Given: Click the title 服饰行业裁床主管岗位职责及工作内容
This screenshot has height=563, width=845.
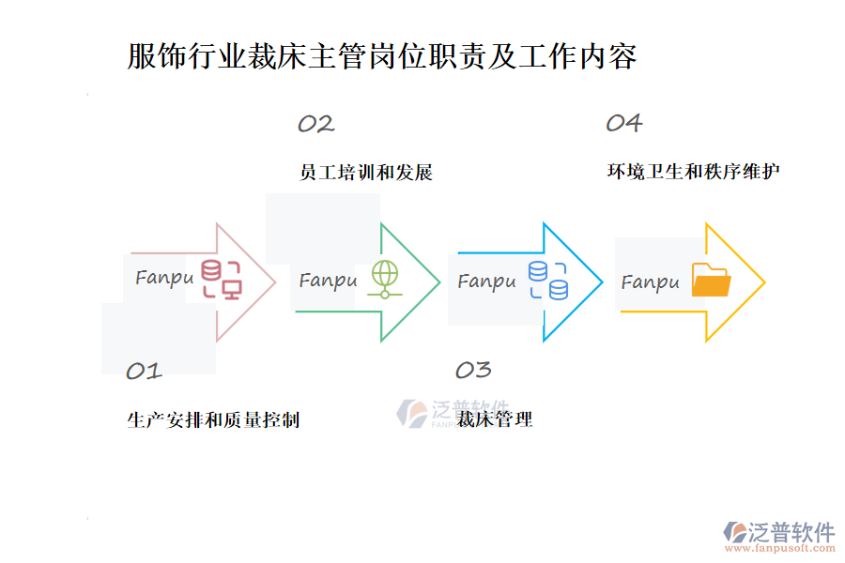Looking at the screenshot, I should tap(382, 56).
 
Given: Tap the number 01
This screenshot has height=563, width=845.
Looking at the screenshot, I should tap(144, 371).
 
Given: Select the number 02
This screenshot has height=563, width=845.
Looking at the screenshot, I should tap(315, 124).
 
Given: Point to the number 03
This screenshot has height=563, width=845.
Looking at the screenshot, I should tap(473, 370).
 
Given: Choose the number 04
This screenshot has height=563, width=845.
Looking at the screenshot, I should tap(623, 123).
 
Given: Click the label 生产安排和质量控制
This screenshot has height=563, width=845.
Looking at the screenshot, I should tap(213, 419).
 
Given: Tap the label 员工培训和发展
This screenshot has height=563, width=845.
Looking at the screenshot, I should tap(365, 173).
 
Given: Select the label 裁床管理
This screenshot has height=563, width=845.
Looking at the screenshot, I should tap(495, 419).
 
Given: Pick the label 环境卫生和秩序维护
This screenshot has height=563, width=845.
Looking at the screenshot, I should tap(693, 172).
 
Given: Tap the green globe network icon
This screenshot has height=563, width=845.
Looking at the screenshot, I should tap(385, 279).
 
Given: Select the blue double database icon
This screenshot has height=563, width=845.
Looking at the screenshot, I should tap(548, 280).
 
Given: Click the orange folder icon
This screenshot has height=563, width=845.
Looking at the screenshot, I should tap(711, 281).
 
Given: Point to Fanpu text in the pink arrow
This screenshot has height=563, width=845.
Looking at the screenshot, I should tap(164, 278).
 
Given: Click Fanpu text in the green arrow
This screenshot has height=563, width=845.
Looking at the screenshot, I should tap(328, 280).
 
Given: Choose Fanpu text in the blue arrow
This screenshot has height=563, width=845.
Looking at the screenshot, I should tap(486, 281).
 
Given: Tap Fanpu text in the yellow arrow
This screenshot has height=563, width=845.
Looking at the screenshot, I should tap(650, 281).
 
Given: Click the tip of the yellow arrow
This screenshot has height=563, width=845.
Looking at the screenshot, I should tap(763, 281).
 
